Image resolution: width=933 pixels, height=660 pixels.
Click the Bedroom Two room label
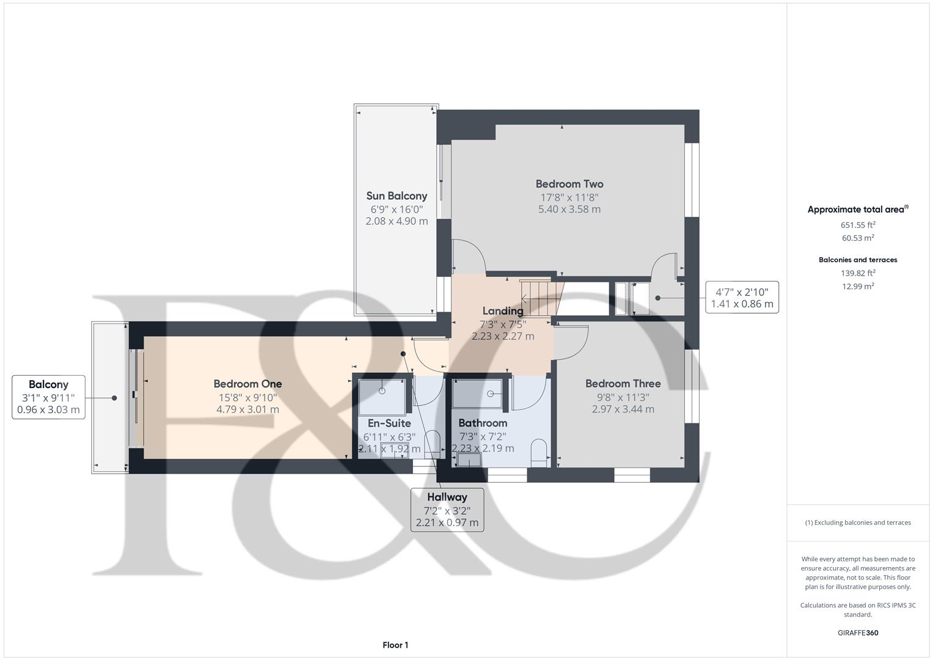569,184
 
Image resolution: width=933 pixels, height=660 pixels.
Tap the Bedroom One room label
247,384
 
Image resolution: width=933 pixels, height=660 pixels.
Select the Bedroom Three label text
623,384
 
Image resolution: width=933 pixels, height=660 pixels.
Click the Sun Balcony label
397,196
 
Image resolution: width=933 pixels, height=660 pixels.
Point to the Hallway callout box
447,510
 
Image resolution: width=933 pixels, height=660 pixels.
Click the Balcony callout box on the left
49,397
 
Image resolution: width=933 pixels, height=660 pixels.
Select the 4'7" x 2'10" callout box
742,298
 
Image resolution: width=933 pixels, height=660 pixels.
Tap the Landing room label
502,311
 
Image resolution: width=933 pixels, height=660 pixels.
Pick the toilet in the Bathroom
538,453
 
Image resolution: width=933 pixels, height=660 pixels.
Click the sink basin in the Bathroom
469,460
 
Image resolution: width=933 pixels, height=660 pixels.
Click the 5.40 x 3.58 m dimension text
569,210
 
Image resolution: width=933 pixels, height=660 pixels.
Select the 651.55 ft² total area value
857,225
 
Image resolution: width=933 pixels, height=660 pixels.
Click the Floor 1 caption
395,645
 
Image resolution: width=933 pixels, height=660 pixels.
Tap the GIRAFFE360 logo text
857,632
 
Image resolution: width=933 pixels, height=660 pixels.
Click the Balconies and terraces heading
857,260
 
